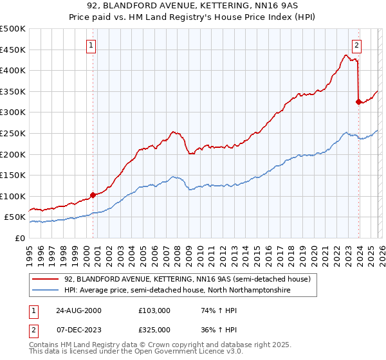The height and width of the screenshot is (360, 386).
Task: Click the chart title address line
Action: (192, 6)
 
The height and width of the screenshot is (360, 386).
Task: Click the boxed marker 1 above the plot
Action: (92, 46)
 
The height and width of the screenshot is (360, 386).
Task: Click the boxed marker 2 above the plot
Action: (356, 45)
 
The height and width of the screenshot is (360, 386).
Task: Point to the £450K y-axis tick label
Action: (13, 50)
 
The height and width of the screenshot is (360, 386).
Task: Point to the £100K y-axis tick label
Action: (13, 197)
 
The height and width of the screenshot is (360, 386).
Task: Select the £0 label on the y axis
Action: (19, 239)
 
